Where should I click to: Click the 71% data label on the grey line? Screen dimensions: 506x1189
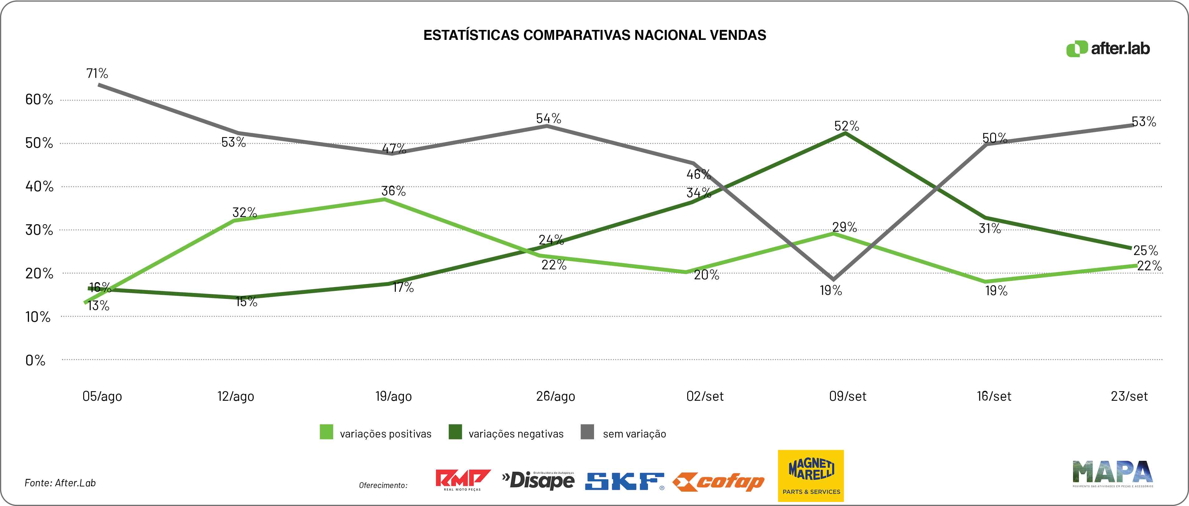pyautogui.click(x=97, y=73)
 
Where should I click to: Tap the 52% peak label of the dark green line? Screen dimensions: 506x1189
pyautogui.click(x=846, y=126)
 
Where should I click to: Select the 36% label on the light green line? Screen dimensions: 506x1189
pyautogui.click(x=393, y=191)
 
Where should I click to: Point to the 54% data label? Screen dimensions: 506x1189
pyautogui.click(x=548, y=119)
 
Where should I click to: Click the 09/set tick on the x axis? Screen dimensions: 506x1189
pyautogui.click(x=847, y=396)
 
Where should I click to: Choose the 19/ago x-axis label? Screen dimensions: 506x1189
pyautogui.click(x=393, y=396)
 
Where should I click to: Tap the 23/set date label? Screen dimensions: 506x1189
pyautogui.click(x=1129, y=396)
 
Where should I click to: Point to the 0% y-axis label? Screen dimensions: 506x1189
pyautogui.click(x=36, y=360)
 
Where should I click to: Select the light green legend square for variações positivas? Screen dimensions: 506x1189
pyautogui.click(x=326, y=432)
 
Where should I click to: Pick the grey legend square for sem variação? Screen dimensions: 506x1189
pyautogui.click(x=587, y=432)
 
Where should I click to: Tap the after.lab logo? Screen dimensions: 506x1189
pyautogui.click(x=1108, y=49)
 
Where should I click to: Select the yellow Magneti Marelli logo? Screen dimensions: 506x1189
pyautogui.click(x=811, y=475)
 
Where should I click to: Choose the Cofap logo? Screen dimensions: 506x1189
pyautogui.click(x=718, y=482)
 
